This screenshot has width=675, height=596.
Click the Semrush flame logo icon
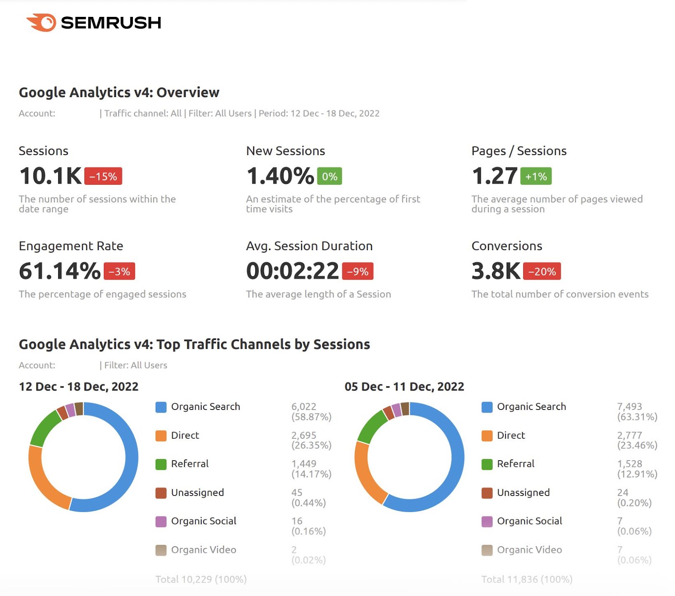click(x=42, y=22)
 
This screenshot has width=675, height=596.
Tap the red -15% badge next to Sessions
click(x=103, y=176)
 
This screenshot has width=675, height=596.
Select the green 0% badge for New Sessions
click(x=329, y=176)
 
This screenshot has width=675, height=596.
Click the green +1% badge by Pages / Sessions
click(x=536, y=176)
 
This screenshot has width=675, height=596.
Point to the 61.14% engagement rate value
click(x=59, y=271)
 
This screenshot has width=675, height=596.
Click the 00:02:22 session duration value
click(x=292, y=271)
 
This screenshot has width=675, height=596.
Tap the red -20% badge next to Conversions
click(x=542, y=271)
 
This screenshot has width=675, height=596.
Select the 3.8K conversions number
click(x=496, y=271)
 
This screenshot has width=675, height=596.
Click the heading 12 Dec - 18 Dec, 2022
click(x=78, y=386)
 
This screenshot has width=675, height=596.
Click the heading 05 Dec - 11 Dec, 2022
click(x=404, y=386)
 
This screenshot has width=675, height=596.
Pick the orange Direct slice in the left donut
click(x=42, y=481)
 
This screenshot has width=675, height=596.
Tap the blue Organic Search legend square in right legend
click(x=487, y=407)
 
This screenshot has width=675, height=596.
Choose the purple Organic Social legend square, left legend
click(x=161, y=521)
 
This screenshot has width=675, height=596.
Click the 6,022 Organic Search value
click(x=303, y=407)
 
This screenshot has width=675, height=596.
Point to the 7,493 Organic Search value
click(x=629, y=407)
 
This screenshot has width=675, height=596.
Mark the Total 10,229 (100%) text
click(x=201, y=579)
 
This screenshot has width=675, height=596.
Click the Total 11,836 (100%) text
click(x=526, y=579)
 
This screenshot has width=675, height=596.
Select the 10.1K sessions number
click(x=50, y=176)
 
